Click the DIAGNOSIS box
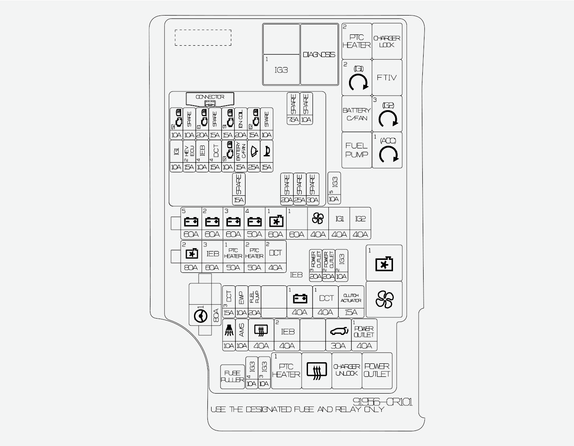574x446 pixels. [x=319, y=54]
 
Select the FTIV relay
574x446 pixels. [x=387, y=78]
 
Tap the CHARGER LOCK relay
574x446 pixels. [x=387, y=41]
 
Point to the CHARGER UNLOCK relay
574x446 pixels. [x=346, y=370]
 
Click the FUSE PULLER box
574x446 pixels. [x=233, y=376]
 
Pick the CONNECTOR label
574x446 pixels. [x=210, y=97]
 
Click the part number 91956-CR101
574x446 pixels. [x=383, y=402]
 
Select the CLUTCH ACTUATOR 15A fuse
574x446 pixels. [x=351, y=302]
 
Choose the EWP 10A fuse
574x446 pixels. [x=241, y=302]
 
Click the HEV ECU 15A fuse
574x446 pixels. [x=189, y=156]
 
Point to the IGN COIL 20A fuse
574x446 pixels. [x=240, y=123]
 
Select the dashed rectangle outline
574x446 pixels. [x=203, y=38]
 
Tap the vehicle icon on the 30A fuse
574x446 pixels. [x=339, y=332]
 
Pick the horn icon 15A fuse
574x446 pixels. [x=266, y=156]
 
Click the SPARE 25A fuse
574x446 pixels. [x=300, y=189]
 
